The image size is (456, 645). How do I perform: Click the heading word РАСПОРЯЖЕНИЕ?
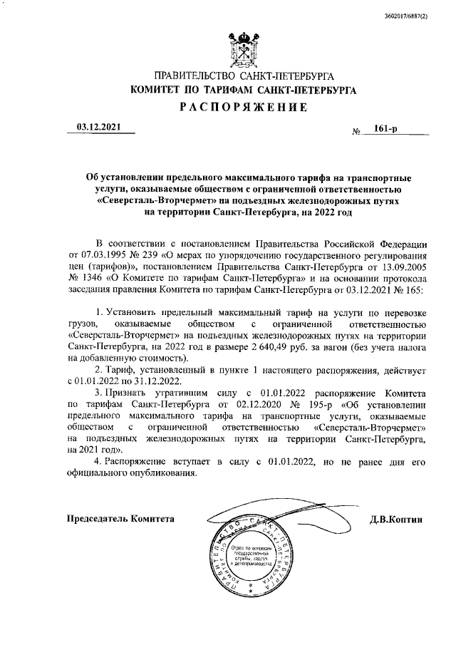coord(243,108)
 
